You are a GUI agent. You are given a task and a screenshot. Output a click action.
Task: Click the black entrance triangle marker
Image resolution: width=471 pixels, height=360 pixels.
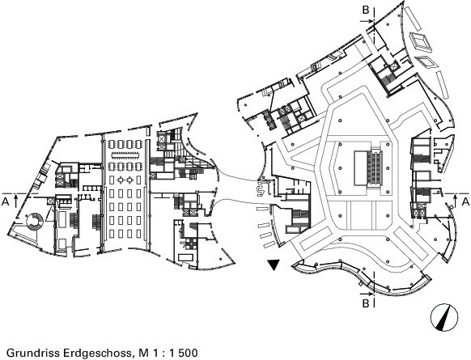click(274, 265)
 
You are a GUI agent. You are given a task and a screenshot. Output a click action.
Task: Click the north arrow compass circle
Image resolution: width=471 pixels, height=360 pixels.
click(444, 317)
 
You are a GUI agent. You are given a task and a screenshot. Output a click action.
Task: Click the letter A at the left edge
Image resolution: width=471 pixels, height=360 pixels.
click(5, 201)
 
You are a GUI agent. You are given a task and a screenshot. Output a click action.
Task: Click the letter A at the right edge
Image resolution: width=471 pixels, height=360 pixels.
click(465, 201)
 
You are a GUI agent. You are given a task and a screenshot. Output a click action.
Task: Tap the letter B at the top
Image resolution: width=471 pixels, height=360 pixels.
click(366, 10)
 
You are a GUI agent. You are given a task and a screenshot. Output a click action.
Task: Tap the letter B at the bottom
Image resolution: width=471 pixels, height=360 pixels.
click(366, 303)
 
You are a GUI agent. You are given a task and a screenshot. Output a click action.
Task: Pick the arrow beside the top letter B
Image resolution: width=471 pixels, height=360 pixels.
click(367, 21)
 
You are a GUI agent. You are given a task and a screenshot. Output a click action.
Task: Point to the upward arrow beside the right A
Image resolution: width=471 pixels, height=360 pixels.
click(455, 201)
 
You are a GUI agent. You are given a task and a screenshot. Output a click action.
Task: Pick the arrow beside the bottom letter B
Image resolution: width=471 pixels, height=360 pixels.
click(367, 294)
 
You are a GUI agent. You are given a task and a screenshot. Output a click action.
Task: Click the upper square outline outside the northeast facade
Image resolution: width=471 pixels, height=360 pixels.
click(421, 41)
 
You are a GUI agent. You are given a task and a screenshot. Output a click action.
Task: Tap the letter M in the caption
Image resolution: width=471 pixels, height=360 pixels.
click(141, 353)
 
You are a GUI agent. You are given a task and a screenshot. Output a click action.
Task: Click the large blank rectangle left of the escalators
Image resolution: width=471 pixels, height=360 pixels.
click(360, 168)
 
